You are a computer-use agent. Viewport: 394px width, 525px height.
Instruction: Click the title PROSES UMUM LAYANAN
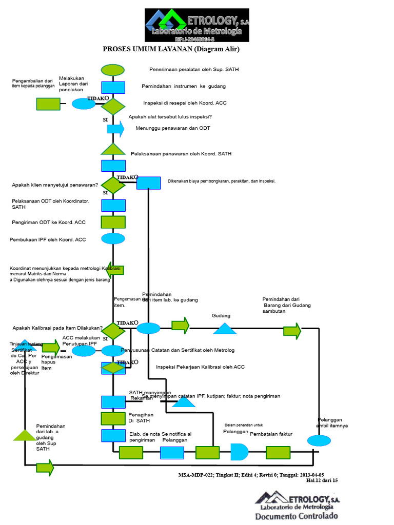coord(171,49)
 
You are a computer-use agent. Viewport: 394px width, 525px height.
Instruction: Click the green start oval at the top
coord(113,70)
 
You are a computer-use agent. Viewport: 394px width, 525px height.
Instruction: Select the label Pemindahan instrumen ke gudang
coord(184,86)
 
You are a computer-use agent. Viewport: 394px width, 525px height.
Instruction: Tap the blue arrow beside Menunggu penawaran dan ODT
coord(115,129)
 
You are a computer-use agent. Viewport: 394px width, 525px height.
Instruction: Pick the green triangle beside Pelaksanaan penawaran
coord(113,149)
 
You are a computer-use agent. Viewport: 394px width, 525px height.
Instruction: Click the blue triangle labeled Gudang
coord(225,329)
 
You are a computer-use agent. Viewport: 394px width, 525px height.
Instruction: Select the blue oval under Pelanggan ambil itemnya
coord(319,440)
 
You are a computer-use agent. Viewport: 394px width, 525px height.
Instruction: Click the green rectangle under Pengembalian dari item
coord(48,104)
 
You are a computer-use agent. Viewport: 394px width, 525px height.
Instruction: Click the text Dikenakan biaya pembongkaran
coord(222,181)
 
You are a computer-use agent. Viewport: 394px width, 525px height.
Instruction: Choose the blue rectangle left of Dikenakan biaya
coord(149,183)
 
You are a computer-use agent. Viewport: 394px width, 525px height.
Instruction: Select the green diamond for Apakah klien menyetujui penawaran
coord(113,185)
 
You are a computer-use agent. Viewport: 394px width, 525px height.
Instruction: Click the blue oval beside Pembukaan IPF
coord(113,238)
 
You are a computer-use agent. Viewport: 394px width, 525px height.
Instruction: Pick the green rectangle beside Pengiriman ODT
coord(113,222)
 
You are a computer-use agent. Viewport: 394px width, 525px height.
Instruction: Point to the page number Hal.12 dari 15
coord(322,480)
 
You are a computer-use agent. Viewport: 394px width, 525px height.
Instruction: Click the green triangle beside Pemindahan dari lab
coord(25,435)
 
